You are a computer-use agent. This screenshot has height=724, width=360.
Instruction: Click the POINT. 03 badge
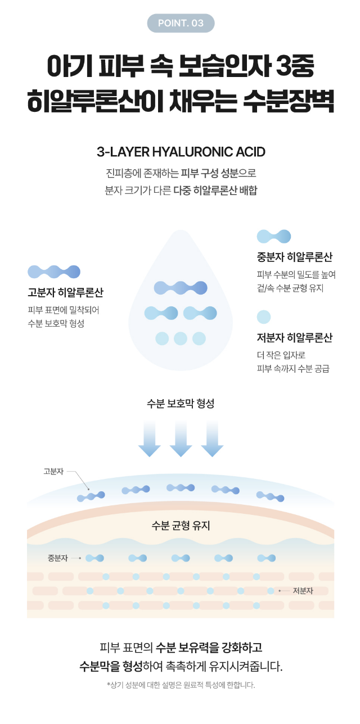click(x=181, y=23)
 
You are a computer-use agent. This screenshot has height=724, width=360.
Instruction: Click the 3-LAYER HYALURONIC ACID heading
click(x=181, y=152)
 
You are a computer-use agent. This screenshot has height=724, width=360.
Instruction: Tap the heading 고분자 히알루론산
click(x=65, y=293)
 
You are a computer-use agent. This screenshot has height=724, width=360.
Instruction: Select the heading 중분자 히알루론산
click(x=294, y=257)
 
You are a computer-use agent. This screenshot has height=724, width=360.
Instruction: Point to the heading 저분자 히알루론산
click(x=294, y=338)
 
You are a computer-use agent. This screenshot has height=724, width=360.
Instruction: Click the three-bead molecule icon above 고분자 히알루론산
click(x=54, y=272)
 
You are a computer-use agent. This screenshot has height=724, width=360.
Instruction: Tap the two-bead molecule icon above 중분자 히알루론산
click(x=274, y=236)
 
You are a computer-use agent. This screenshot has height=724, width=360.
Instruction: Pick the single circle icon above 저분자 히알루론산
click(x=264, y=317)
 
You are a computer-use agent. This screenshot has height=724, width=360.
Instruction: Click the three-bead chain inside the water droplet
click(x=181, y=288)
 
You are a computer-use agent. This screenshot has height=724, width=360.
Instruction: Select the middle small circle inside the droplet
click(x=181, y=338)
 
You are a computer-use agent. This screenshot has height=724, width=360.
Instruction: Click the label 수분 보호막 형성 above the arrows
click(x=181, y=404)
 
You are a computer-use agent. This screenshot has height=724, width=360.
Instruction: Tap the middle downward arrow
click(x=181, y=438)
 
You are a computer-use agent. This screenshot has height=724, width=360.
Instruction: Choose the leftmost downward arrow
click(x=150, y=438)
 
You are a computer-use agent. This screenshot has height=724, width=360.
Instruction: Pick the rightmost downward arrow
click(x=212, y=438)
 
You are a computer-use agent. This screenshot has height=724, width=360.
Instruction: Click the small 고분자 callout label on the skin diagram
click(x=53, y=471)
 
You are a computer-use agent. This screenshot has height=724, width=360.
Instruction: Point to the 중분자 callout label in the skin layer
click(x=58, y=558)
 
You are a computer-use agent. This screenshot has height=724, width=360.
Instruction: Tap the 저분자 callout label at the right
click(x=303, y=591)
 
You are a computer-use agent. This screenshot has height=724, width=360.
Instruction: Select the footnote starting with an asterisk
click(x=181, y=685)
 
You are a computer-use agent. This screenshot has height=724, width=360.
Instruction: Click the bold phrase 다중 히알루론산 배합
click(x=215, y=190)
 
